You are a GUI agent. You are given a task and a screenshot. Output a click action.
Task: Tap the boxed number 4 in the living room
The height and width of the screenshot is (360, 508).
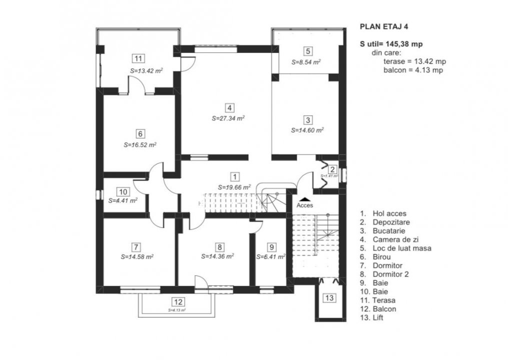click(229, 107)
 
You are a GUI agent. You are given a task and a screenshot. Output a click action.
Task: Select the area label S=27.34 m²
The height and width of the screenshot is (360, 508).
click(228, 118)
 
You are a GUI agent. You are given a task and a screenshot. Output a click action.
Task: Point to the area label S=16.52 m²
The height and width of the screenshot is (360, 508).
click(140, 144)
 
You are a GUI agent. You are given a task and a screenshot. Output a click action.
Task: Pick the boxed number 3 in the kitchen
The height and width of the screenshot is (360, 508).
click(308, 120)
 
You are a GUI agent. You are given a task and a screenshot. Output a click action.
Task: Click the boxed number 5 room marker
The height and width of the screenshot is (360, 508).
click(308, 51)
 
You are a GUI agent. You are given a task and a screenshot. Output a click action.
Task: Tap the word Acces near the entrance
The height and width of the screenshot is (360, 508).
click(305, 205)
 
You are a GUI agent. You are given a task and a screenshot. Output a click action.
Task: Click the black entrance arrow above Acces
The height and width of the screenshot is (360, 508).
click(305, 199)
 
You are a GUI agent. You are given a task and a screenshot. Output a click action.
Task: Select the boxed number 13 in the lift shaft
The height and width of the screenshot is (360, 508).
click(329, 298)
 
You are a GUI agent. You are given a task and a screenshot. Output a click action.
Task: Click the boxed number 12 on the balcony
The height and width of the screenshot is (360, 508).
click(178, 301)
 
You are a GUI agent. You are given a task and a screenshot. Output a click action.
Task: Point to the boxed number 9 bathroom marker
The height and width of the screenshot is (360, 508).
click(271, 247)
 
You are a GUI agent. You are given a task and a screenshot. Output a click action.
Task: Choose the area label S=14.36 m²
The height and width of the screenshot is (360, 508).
click(218, 256)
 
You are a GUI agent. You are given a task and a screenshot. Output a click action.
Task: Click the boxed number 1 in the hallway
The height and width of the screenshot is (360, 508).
click(234, 176)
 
